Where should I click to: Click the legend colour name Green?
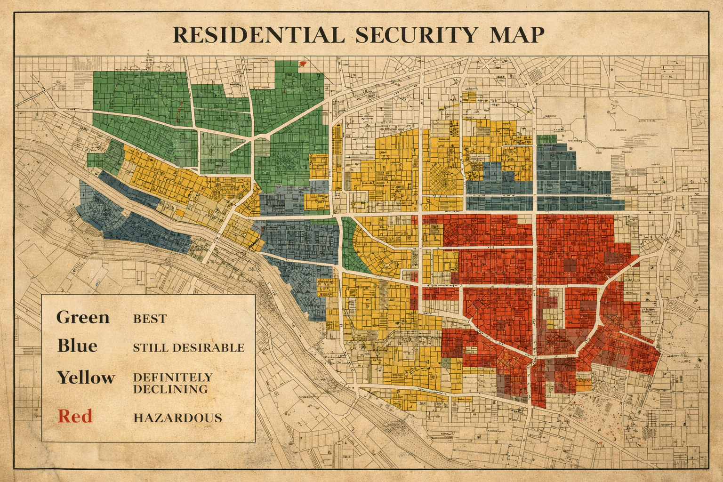[x=83, y=317]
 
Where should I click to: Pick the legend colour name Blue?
[x=77, y=346]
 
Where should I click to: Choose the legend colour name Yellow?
[x=86, y=378]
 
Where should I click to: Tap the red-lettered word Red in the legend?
[x=75, y=416]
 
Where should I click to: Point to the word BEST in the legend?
[x=150, y=319]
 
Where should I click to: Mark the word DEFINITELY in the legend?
[x=173, y=378]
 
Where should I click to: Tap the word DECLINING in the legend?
[x=170, y=389]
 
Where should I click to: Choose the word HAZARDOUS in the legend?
[x=177, y=418]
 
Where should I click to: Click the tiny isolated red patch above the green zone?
[x=303, y=64]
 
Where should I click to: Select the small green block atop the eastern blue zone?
[x=546, y=139]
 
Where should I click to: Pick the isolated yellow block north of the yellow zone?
[x=469, y=96]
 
